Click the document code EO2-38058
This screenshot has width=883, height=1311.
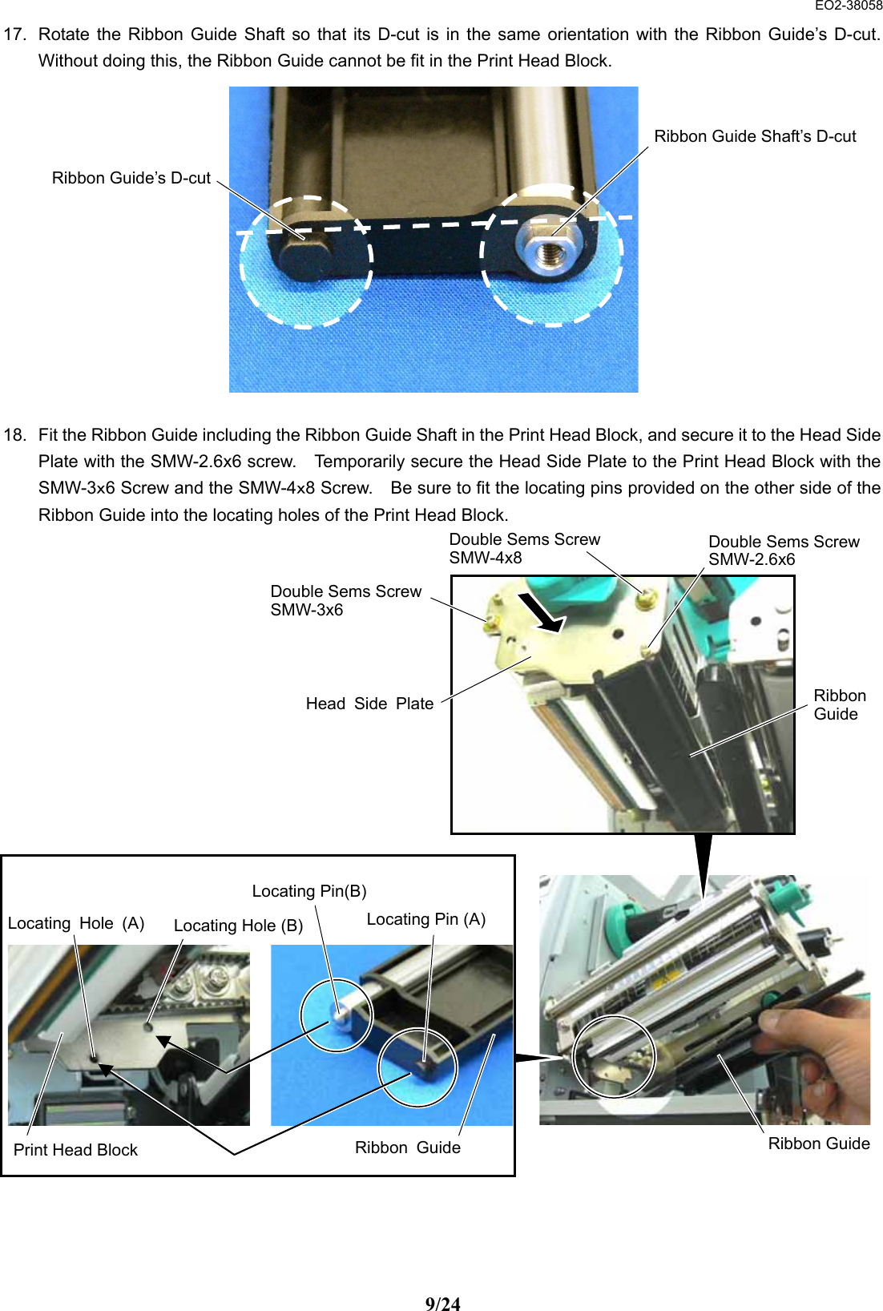pos(848,6)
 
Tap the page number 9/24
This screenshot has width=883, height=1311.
pos(442,1304)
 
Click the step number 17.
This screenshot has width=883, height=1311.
pos(14,34)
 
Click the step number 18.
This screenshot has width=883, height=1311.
pos(14,435)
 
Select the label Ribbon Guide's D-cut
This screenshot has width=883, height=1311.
pos(131,178)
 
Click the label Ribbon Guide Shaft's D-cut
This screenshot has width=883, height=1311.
pos(754,136)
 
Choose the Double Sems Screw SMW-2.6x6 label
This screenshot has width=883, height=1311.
pos(783,551)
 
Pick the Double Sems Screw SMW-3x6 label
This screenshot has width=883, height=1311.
pos(345,600)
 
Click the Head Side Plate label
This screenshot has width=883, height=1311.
pos(369,704)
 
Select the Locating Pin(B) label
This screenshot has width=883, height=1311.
pos(308,891)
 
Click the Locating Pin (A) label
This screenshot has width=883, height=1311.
pos(425,919)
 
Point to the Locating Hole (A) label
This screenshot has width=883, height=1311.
pos(75,923)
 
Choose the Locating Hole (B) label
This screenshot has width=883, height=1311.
pos(237,926)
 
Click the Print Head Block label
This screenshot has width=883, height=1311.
pos(75,1150)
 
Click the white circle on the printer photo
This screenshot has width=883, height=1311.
pos(615,1056)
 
